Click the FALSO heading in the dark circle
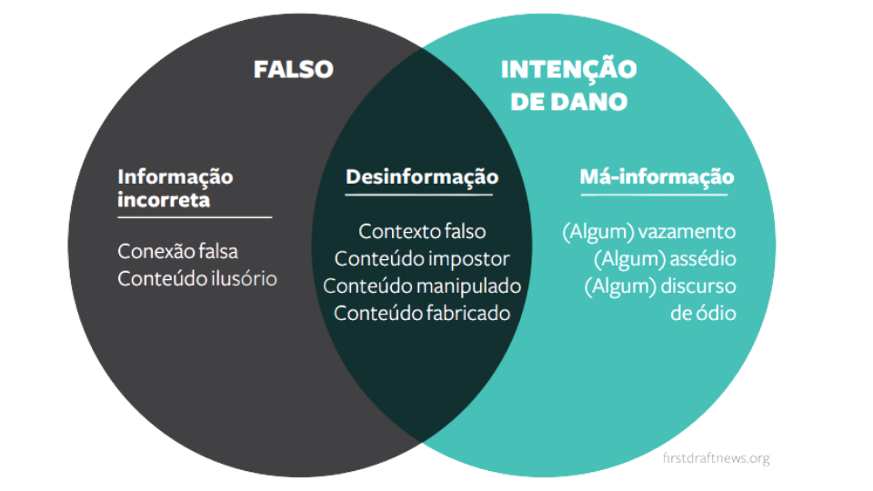tap(294, 70)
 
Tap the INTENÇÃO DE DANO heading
tap(568, 85)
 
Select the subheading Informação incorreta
tap(176, 188)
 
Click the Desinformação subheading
tap(422, 177)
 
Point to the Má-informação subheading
tap(657, 177)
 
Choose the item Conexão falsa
tap(177, 251)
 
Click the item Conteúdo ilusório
tap(197, 278)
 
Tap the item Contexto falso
tap(422, 231)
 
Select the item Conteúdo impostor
tap(422, 259)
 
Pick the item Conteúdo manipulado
tap(422, 286)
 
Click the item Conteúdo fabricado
tap(422, 313)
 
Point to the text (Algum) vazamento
tap(648, 232)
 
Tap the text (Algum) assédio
tap(665, 259)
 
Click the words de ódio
tap(703, 313)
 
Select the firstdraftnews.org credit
tap(716, 458)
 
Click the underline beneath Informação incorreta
tap(195, 217)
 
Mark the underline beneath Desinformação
tap(418, 195)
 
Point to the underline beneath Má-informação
tap(654, 195)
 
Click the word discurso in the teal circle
tap(698, 286)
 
